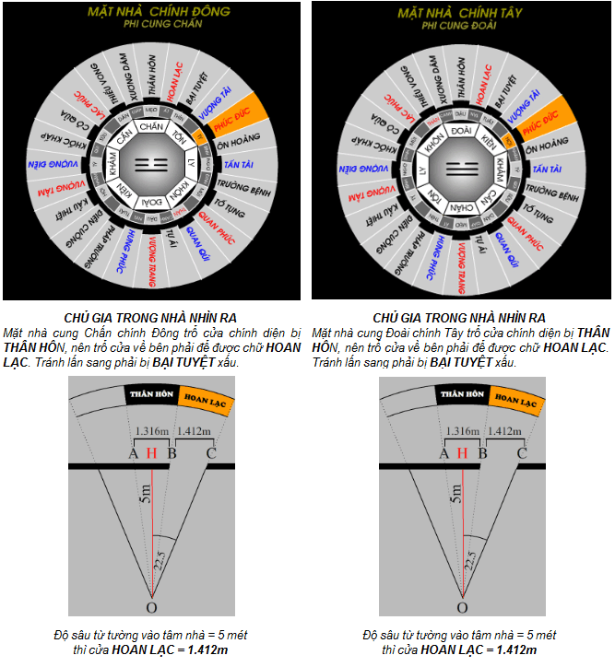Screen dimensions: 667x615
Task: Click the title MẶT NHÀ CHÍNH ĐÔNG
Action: point(151,12)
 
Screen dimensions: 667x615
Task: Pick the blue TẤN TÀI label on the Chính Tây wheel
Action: point(550,170)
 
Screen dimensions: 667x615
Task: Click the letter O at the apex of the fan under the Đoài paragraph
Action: point(462,608)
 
